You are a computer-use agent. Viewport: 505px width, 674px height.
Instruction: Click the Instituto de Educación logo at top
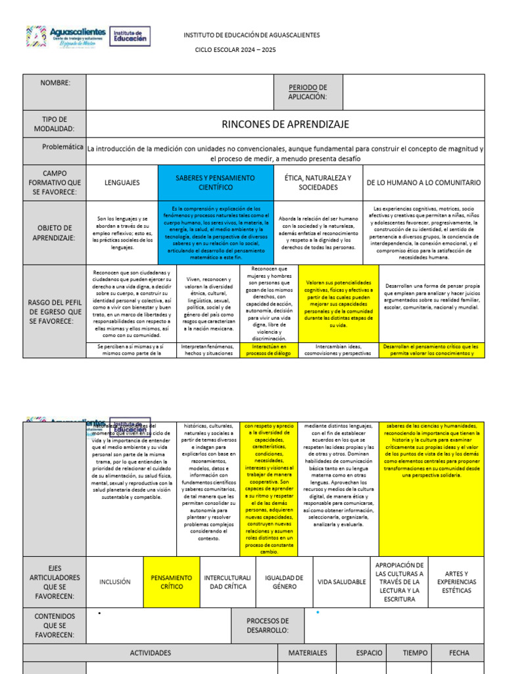(x=129, y=36)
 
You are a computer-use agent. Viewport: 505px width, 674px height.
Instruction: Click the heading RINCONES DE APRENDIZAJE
(x=285, y=124)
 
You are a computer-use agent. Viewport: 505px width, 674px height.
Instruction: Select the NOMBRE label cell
(x=55, y=82)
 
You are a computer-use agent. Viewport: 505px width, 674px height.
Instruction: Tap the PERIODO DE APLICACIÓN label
(x=307, y=92)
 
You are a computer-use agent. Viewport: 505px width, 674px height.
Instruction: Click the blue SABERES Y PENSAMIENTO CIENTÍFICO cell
(x=215, y=182)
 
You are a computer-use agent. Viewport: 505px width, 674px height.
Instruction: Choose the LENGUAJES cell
(x=122, y=182)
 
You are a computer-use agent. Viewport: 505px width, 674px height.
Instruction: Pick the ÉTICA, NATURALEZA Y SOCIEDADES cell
(x=318, y=182)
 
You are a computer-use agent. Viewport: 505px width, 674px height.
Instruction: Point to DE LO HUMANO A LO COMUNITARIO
(x=423, y=182)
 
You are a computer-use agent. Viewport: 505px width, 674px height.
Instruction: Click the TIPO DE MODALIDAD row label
(x=55, y=124)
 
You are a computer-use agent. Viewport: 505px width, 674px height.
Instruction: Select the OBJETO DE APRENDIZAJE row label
(x=55, y=232)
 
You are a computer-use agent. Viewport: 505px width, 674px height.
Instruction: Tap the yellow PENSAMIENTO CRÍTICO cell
(x=172, y=582)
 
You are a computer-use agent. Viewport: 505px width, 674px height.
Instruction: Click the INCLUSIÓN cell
(x=115, y=582)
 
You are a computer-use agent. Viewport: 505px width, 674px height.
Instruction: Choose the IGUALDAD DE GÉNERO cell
(x=283, y=582)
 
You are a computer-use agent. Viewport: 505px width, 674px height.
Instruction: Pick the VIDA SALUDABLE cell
(x=341, y=582)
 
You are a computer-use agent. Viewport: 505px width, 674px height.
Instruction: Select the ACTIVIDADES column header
(x=151, y=653)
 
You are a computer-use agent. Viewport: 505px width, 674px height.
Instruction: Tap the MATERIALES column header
(x=308, y=653)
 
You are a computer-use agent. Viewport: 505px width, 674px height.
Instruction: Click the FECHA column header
(x=459, y=653)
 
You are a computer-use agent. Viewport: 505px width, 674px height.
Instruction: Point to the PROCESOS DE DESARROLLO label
(x=268, y=625)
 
